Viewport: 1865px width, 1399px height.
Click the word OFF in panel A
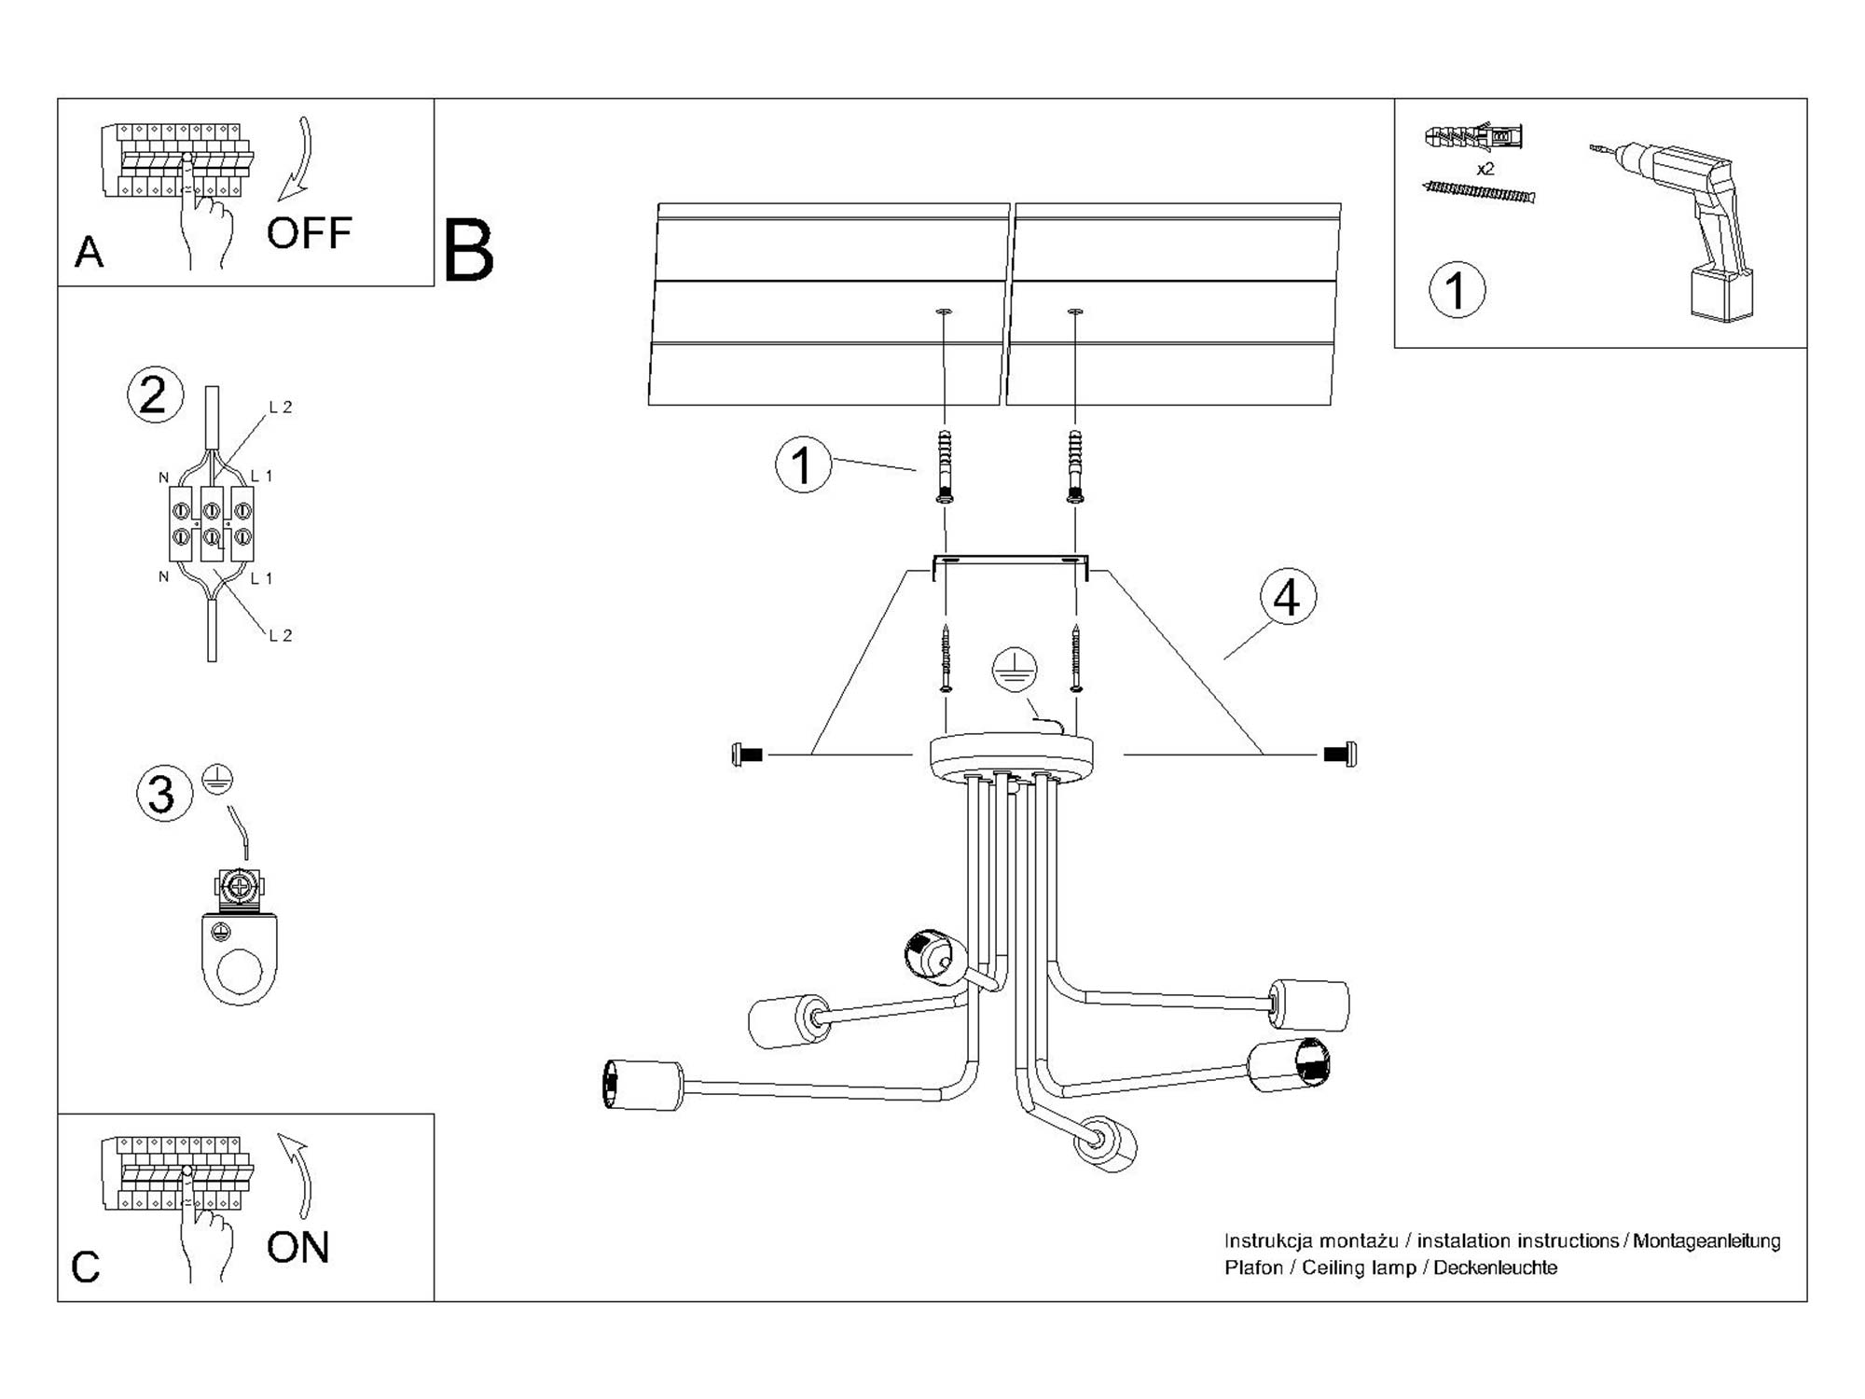309,233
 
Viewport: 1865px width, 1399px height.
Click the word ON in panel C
298,1248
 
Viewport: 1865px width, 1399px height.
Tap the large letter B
468,251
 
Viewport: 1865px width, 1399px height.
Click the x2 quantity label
1485,169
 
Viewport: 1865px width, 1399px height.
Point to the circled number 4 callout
1288,597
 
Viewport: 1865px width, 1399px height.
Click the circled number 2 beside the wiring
155,395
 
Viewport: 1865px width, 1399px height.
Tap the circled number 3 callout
164,794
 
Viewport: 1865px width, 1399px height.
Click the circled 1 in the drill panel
1457,290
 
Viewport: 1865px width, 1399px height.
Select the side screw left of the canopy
748,755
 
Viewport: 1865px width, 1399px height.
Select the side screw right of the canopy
1340,754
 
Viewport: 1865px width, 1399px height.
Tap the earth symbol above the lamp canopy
1015,670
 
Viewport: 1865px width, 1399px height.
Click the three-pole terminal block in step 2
212,523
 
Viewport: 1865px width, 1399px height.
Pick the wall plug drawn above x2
1474,137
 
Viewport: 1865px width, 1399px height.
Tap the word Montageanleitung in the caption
1706,1241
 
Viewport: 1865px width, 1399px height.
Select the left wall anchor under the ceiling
945,466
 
